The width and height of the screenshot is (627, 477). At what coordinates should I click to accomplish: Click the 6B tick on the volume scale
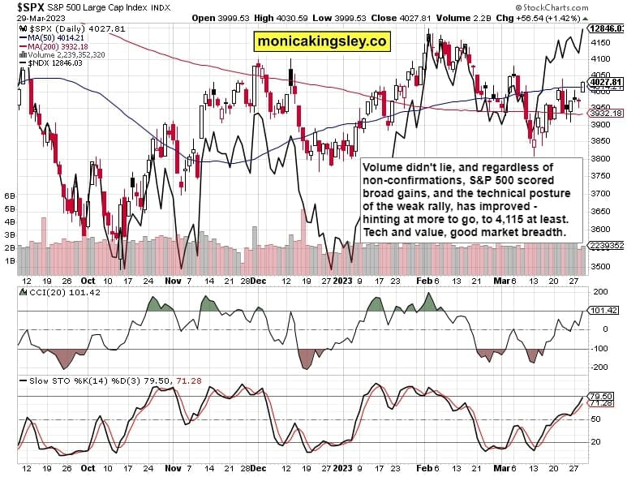(x=11, y=196)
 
